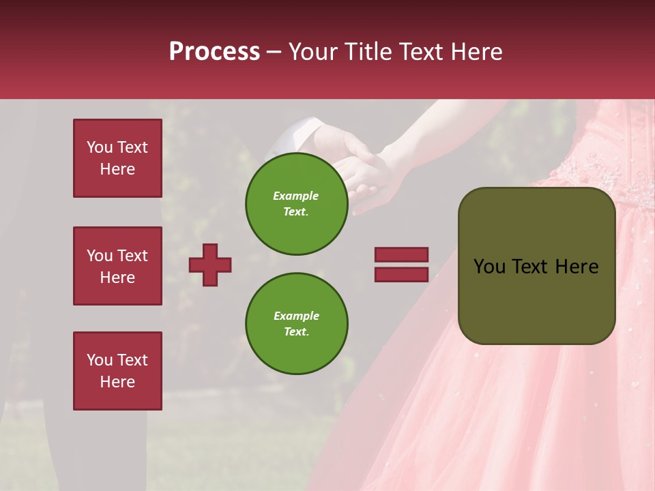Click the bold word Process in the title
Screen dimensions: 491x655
click(214, 52)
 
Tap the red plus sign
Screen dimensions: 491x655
click(210, 264)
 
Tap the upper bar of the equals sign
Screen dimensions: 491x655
click(402, 254)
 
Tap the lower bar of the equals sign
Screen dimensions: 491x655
click(402, 274)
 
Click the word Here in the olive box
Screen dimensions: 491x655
click(577, 267)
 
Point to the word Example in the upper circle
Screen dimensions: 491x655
click(295, 196)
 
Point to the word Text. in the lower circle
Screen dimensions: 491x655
click(296, 331)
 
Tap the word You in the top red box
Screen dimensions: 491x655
click(99, 147)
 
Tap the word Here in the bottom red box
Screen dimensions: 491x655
click(117, 382)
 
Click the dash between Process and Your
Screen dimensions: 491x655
click(274, 52)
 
